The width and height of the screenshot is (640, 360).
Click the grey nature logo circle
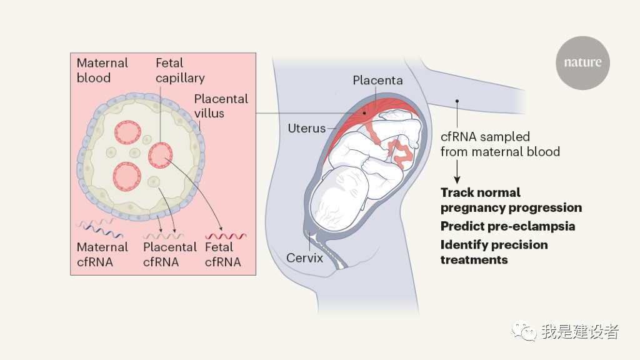(x=582, y=62)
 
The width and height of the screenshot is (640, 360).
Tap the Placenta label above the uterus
(x=377, y=81)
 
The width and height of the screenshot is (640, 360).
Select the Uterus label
(x=306, y=129)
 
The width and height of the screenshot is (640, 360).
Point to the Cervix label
(x=304, y=257)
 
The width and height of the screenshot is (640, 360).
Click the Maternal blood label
(x=102, y=71)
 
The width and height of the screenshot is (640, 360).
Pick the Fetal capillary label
(x=180, y=71)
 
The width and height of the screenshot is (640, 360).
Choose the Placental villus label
(x=221, y=106)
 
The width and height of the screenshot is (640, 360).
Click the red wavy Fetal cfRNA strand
(x=226, y=236)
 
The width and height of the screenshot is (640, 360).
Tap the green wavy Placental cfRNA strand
(x=163, y=236)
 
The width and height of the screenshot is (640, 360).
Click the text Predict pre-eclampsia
(x=507, y=226)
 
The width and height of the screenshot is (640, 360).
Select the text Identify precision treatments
(x=494, y=252)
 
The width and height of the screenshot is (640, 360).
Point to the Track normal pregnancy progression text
(x=511, y=200)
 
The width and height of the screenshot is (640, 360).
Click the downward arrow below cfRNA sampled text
(x=457, y=171)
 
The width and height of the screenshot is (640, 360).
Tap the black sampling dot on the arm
(x=457, y=101)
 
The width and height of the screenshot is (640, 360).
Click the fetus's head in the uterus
(x=341, y=200)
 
